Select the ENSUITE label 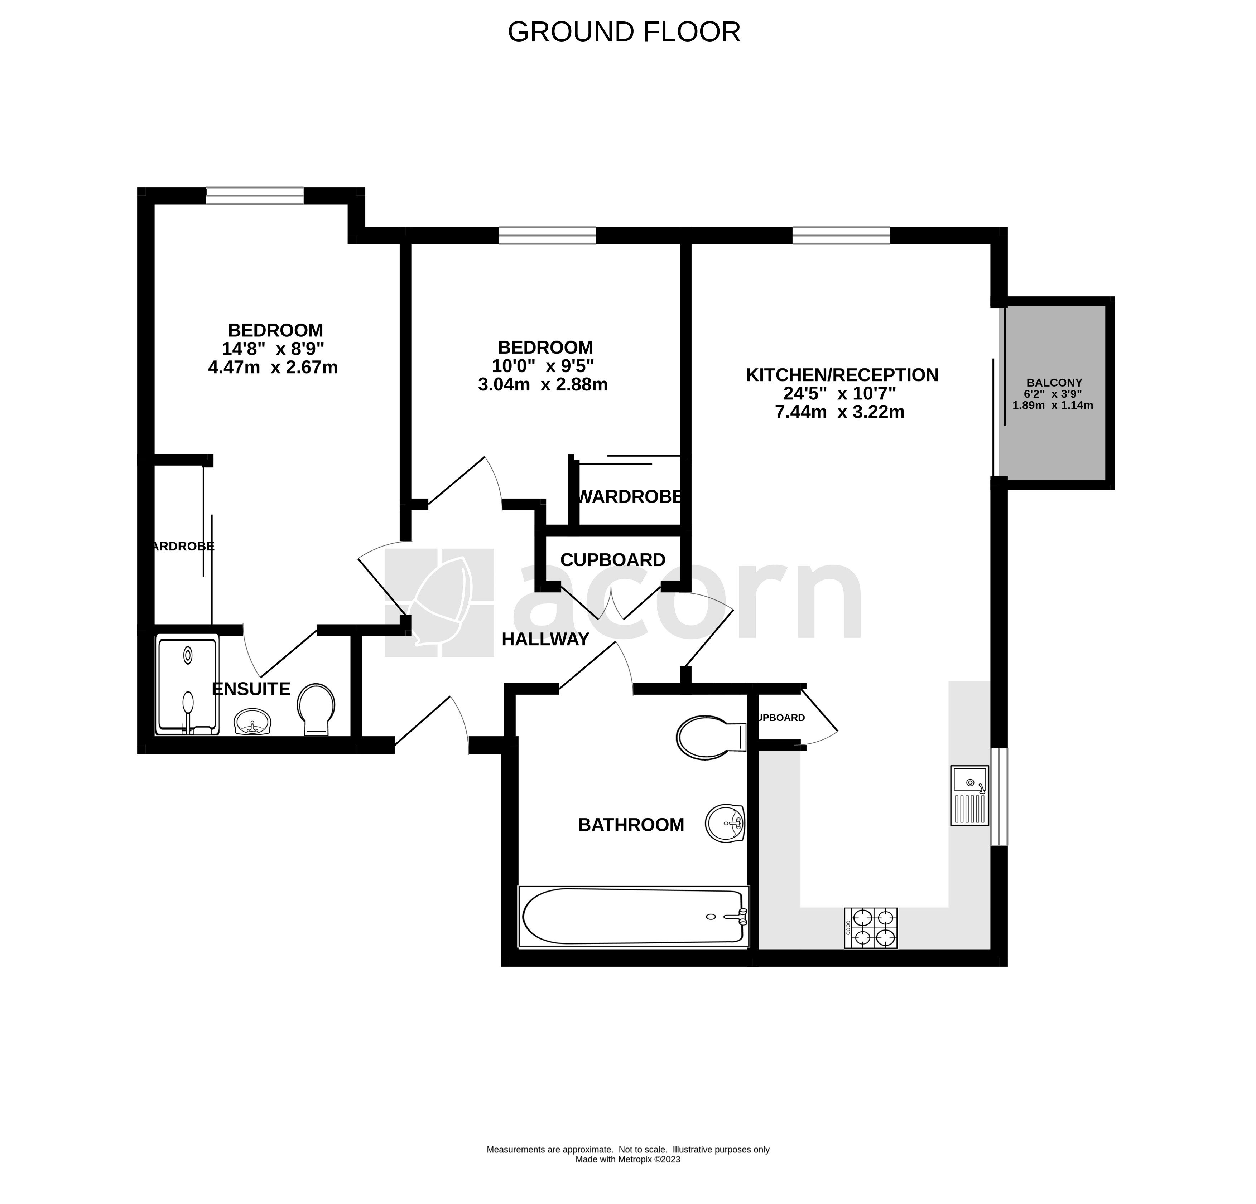[x=251, y=689]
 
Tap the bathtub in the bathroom [x=633, y=917]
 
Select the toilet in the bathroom [x=710, y=737]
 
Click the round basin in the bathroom [x=725, y=823]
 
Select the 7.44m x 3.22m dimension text [x=839, y=412]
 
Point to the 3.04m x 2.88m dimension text [x=543, y=385]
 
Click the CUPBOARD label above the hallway [x=613, y=560]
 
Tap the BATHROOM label [x=631, y=825]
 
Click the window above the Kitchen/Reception [x=841, y=235]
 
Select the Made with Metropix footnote [x=627, y=1159]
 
